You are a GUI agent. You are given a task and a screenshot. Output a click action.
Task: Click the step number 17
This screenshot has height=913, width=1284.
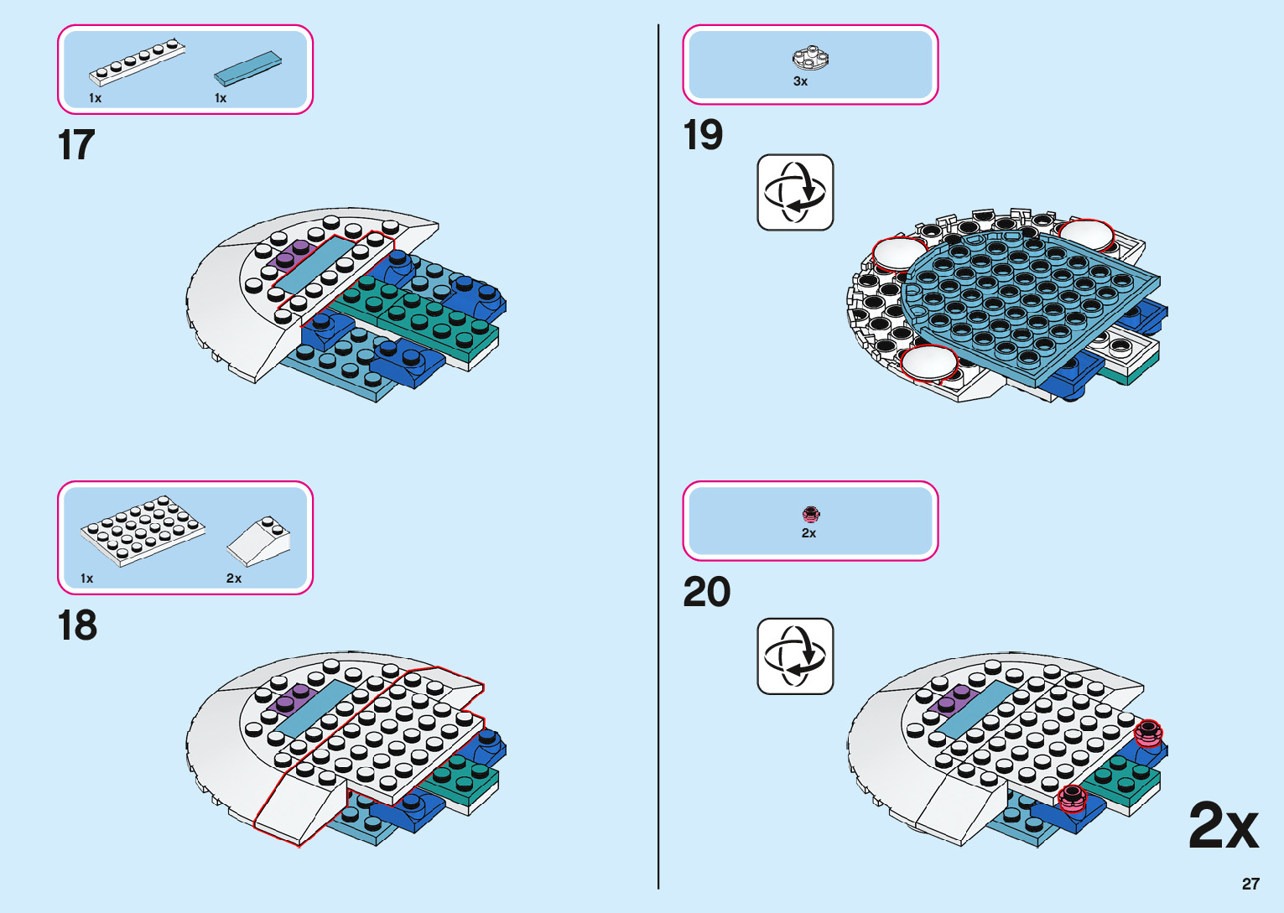pos(76,145)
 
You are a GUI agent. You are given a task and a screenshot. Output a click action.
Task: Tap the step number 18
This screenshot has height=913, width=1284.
pos(77,625)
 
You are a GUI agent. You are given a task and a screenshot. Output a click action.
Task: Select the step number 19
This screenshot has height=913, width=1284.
pos(703,135)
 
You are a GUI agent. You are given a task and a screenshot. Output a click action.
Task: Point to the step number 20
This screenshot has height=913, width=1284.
pos(707,592)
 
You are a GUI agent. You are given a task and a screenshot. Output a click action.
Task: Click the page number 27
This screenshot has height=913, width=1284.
pos(1250,884)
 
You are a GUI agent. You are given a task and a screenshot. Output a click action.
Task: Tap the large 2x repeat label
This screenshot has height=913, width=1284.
pos(1224,827)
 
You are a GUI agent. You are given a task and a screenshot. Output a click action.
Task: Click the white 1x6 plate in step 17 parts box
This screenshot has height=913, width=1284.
pos(138,62)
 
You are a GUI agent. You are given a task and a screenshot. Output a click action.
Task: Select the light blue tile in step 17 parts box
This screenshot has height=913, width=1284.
pos(248,69)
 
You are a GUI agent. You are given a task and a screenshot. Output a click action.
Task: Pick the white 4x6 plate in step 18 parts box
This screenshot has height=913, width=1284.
pos(143,530)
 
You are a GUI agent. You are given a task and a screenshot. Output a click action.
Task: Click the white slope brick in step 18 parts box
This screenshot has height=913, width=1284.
pos(259,541)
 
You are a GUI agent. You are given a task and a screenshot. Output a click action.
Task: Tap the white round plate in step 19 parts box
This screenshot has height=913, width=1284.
pos(810,58)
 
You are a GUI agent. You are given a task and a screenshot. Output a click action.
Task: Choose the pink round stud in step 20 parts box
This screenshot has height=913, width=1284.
pos(810,514)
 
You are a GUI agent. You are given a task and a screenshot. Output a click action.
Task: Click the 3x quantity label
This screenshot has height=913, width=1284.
pos(801,81)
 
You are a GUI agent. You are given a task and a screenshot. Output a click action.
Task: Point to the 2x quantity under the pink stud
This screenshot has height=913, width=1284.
pos(808,533)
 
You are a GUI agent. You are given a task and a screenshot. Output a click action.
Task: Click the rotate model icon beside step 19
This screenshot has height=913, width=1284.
pos(795,192)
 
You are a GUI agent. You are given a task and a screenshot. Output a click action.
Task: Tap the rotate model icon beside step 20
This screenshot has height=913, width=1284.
pos(795,656)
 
